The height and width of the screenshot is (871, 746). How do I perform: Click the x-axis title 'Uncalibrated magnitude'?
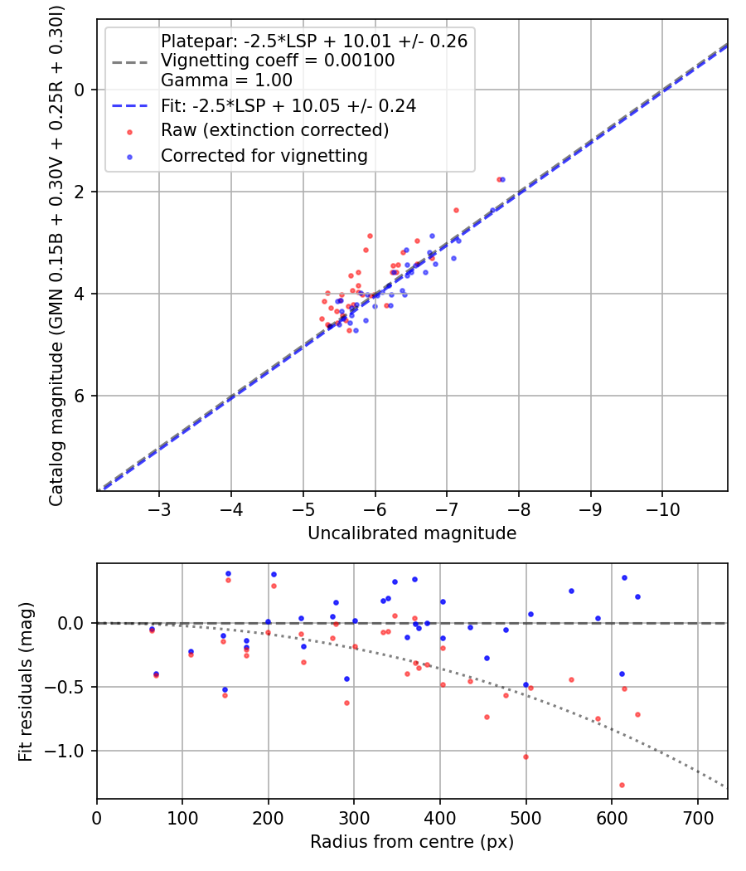coord(412,533)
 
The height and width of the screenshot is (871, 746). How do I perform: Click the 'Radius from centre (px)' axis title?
coord(412,842)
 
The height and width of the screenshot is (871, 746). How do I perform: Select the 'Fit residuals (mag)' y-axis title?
coord(26,681)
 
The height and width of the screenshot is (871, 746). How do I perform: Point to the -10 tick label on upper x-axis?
coord(661,508)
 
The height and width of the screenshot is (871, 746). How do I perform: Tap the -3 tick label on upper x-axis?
coord(159,508)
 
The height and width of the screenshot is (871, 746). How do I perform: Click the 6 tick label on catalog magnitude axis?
coord(80,396)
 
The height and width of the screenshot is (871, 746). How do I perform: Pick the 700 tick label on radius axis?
coord(697,816)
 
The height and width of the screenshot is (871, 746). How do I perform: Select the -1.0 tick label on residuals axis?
coord(70,751)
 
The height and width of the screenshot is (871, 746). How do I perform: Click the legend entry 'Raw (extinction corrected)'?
coord(274,130)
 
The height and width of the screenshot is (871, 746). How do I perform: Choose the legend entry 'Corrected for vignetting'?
coord(264,155)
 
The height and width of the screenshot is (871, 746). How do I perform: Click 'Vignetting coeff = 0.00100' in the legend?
coord(278,61)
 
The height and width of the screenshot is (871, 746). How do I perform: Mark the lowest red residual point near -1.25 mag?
coord(622,785)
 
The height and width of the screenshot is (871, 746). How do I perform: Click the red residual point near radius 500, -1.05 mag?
coord(526,757)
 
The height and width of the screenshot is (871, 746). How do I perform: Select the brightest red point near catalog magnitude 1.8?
coord(499,179)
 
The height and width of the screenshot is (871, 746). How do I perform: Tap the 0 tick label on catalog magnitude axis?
coord(80,90)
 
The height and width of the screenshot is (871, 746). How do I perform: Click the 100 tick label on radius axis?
coord(182,816)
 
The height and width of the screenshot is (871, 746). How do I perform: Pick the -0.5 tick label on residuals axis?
coord(70,687)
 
